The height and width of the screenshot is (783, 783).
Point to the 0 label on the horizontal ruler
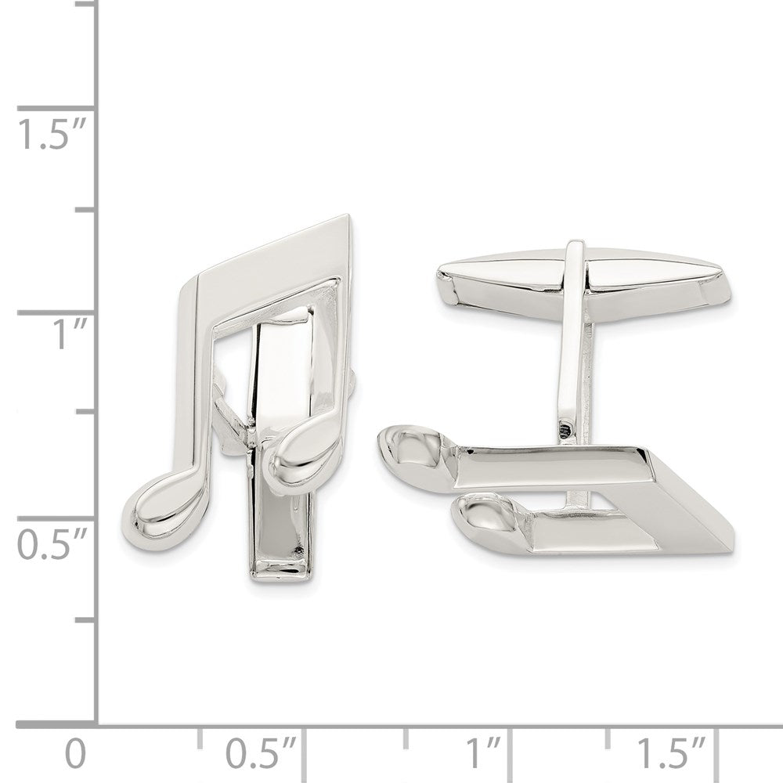pyautogui.click(x=74, y=755)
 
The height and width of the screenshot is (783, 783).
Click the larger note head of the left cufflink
pyautogui.click(x=161, y=503)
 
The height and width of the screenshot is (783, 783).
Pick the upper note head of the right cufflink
pyautogui.click(x=410, y=449)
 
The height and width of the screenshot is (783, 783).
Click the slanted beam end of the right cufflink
pyautogui.click(x=689, y=501)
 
